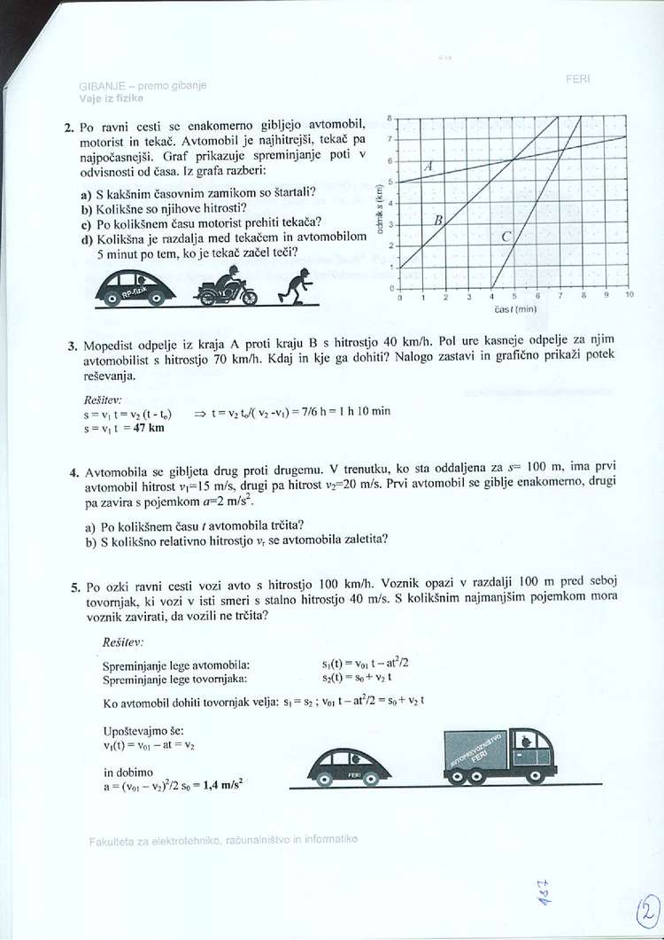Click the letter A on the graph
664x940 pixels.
(429, 167)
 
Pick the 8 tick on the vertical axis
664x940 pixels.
(390, 117)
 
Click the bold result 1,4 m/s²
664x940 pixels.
(220, 784)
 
